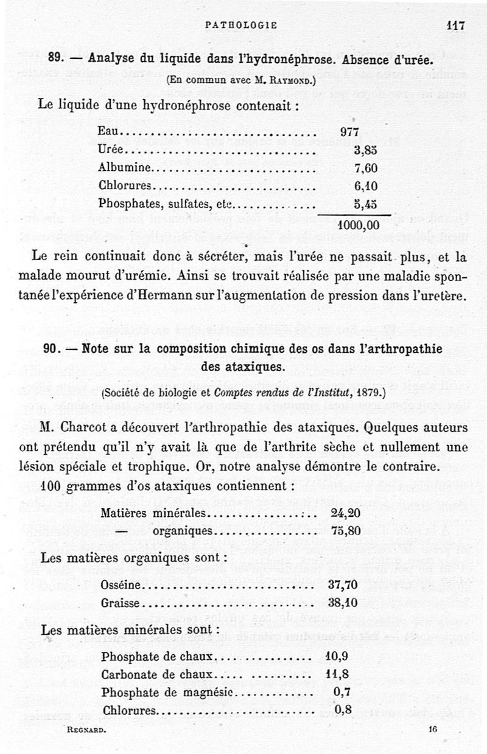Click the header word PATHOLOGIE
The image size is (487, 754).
point(242,25)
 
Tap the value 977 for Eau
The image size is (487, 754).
point(350,132)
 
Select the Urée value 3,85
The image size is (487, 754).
point(366,150)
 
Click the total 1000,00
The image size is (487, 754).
point(359,224)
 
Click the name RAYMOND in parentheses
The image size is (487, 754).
point(286,79)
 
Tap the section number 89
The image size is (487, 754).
point(56,60)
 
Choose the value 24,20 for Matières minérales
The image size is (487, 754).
point(345,513)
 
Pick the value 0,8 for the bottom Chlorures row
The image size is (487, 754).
point(343,709)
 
